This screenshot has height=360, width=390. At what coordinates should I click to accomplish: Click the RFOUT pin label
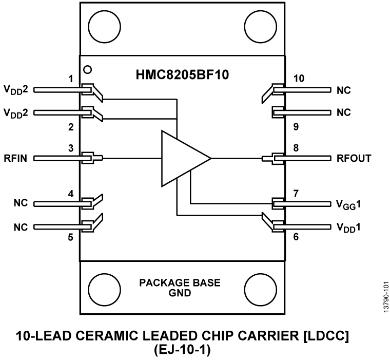(x=354, y=158)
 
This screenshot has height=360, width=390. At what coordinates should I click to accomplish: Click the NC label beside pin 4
(x=21, y=203)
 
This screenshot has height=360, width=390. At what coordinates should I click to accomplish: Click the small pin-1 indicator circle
(x=88, y=69)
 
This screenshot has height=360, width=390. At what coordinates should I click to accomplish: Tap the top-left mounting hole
(x=101, y=24)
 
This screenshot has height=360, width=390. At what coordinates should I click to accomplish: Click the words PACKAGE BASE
(x=180, y=283)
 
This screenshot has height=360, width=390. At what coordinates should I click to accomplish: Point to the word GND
(x=180, y=293)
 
